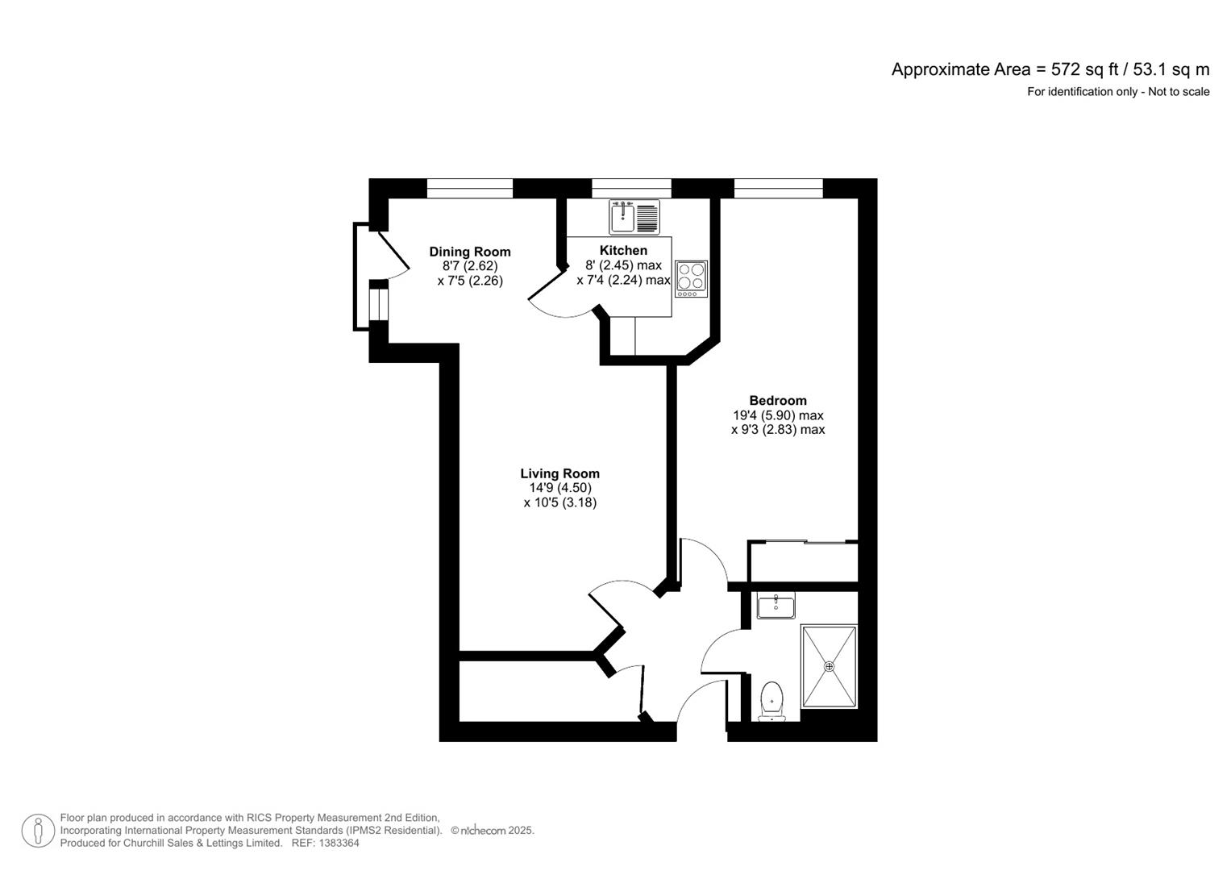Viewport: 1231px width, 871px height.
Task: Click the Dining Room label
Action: coord(469,252)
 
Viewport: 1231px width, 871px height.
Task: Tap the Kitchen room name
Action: coord(623,250)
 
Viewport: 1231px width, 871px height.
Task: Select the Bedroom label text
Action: coord(777,400)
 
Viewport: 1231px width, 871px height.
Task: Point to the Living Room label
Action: coord(559,473)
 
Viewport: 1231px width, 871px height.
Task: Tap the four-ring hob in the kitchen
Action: coord(691,278)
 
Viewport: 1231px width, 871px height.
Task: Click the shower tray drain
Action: coord(829,666)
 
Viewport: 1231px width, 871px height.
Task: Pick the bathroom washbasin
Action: coord(776,605)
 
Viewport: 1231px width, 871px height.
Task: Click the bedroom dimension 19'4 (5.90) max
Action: coord(777,415)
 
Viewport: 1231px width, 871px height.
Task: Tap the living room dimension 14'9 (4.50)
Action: coord(559,488)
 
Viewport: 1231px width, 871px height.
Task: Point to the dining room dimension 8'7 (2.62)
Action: coord(469,266)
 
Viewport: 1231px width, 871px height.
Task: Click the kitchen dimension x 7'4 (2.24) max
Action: coord(623,280)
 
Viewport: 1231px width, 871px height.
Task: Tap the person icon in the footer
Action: coord(38,831)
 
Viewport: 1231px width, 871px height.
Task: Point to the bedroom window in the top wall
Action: coord(778,189)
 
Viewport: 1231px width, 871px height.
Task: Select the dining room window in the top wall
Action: coord(469,189)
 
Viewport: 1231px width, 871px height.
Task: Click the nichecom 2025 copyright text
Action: coord(493,831)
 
